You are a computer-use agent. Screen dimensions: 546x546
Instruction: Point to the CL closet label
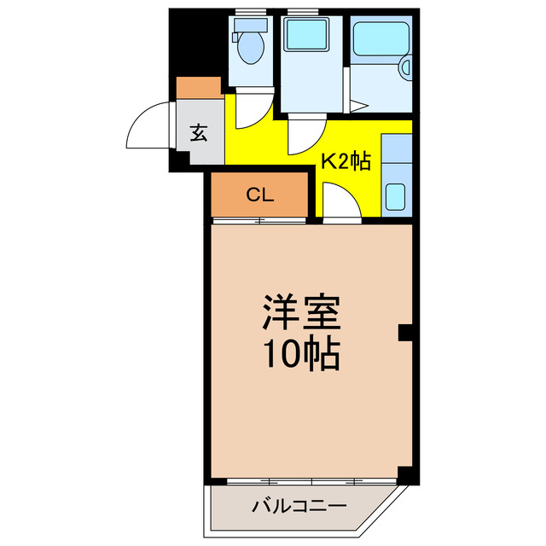(x=259, y=195)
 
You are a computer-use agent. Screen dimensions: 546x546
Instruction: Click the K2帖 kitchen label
(x=346, y=161)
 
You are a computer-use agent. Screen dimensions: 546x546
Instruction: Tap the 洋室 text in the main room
(x=302, y=313)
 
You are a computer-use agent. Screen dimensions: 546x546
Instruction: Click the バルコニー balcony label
(x=299, y=507)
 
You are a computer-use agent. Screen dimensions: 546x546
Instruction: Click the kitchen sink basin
(x=395, y=197)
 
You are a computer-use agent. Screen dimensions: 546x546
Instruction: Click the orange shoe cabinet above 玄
(x=200, y=87)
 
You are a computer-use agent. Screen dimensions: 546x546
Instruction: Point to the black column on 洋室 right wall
(x=406, y=333)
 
